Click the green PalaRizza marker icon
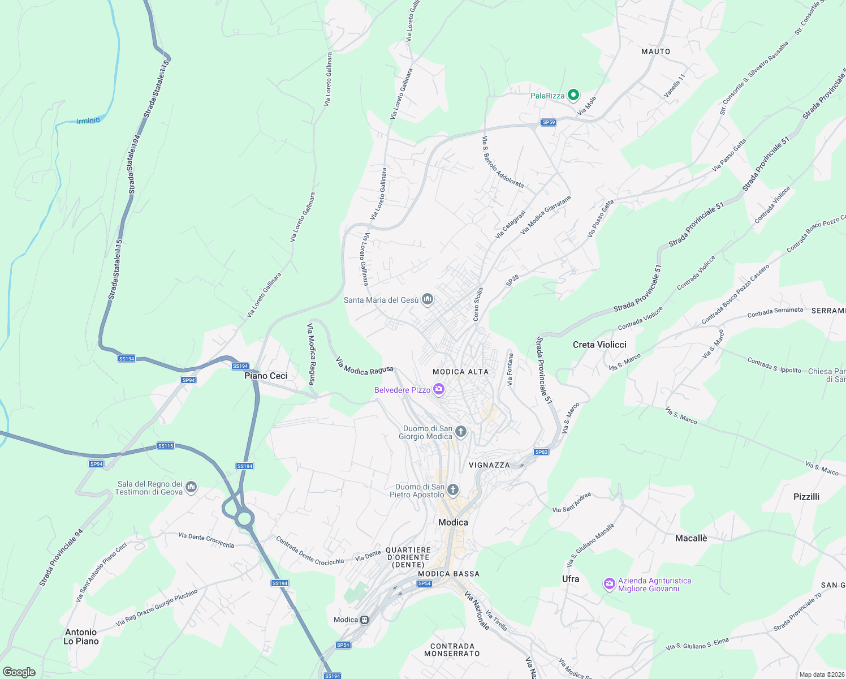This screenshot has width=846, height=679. [x=573, y=95]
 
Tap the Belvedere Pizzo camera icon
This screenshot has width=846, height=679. [x=438, y=389]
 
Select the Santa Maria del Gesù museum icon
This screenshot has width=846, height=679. [x=428, y=299]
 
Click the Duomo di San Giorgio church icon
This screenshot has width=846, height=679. [x=461, y=432]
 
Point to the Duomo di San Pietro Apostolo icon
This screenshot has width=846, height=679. [x=452, y=490]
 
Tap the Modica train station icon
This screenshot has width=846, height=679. [x=365, y=620]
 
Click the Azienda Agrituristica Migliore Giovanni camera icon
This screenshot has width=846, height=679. [x=609, y=584]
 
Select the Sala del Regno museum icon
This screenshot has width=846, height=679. [x=191, y=487]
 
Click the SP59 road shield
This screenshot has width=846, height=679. [x=549, y=122]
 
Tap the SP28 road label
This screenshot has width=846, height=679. [x=512, y=280]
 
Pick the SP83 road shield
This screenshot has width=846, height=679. [x=541, y=452]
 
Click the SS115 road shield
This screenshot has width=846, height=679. [x=166, y=446]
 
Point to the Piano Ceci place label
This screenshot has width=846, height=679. [x=266, y=376]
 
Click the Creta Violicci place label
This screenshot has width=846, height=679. [x=599, y=345]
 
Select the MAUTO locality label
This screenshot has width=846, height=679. [x=655, y=51]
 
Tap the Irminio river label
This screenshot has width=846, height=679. [x=88, y=121]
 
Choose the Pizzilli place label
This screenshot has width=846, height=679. [x=806, y=497]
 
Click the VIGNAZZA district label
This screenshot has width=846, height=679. [x=489, y=465]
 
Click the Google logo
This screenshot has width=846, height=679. [x=19, y=672]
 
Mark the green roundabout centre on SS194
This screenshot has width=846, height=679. [x=244, y=518]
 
